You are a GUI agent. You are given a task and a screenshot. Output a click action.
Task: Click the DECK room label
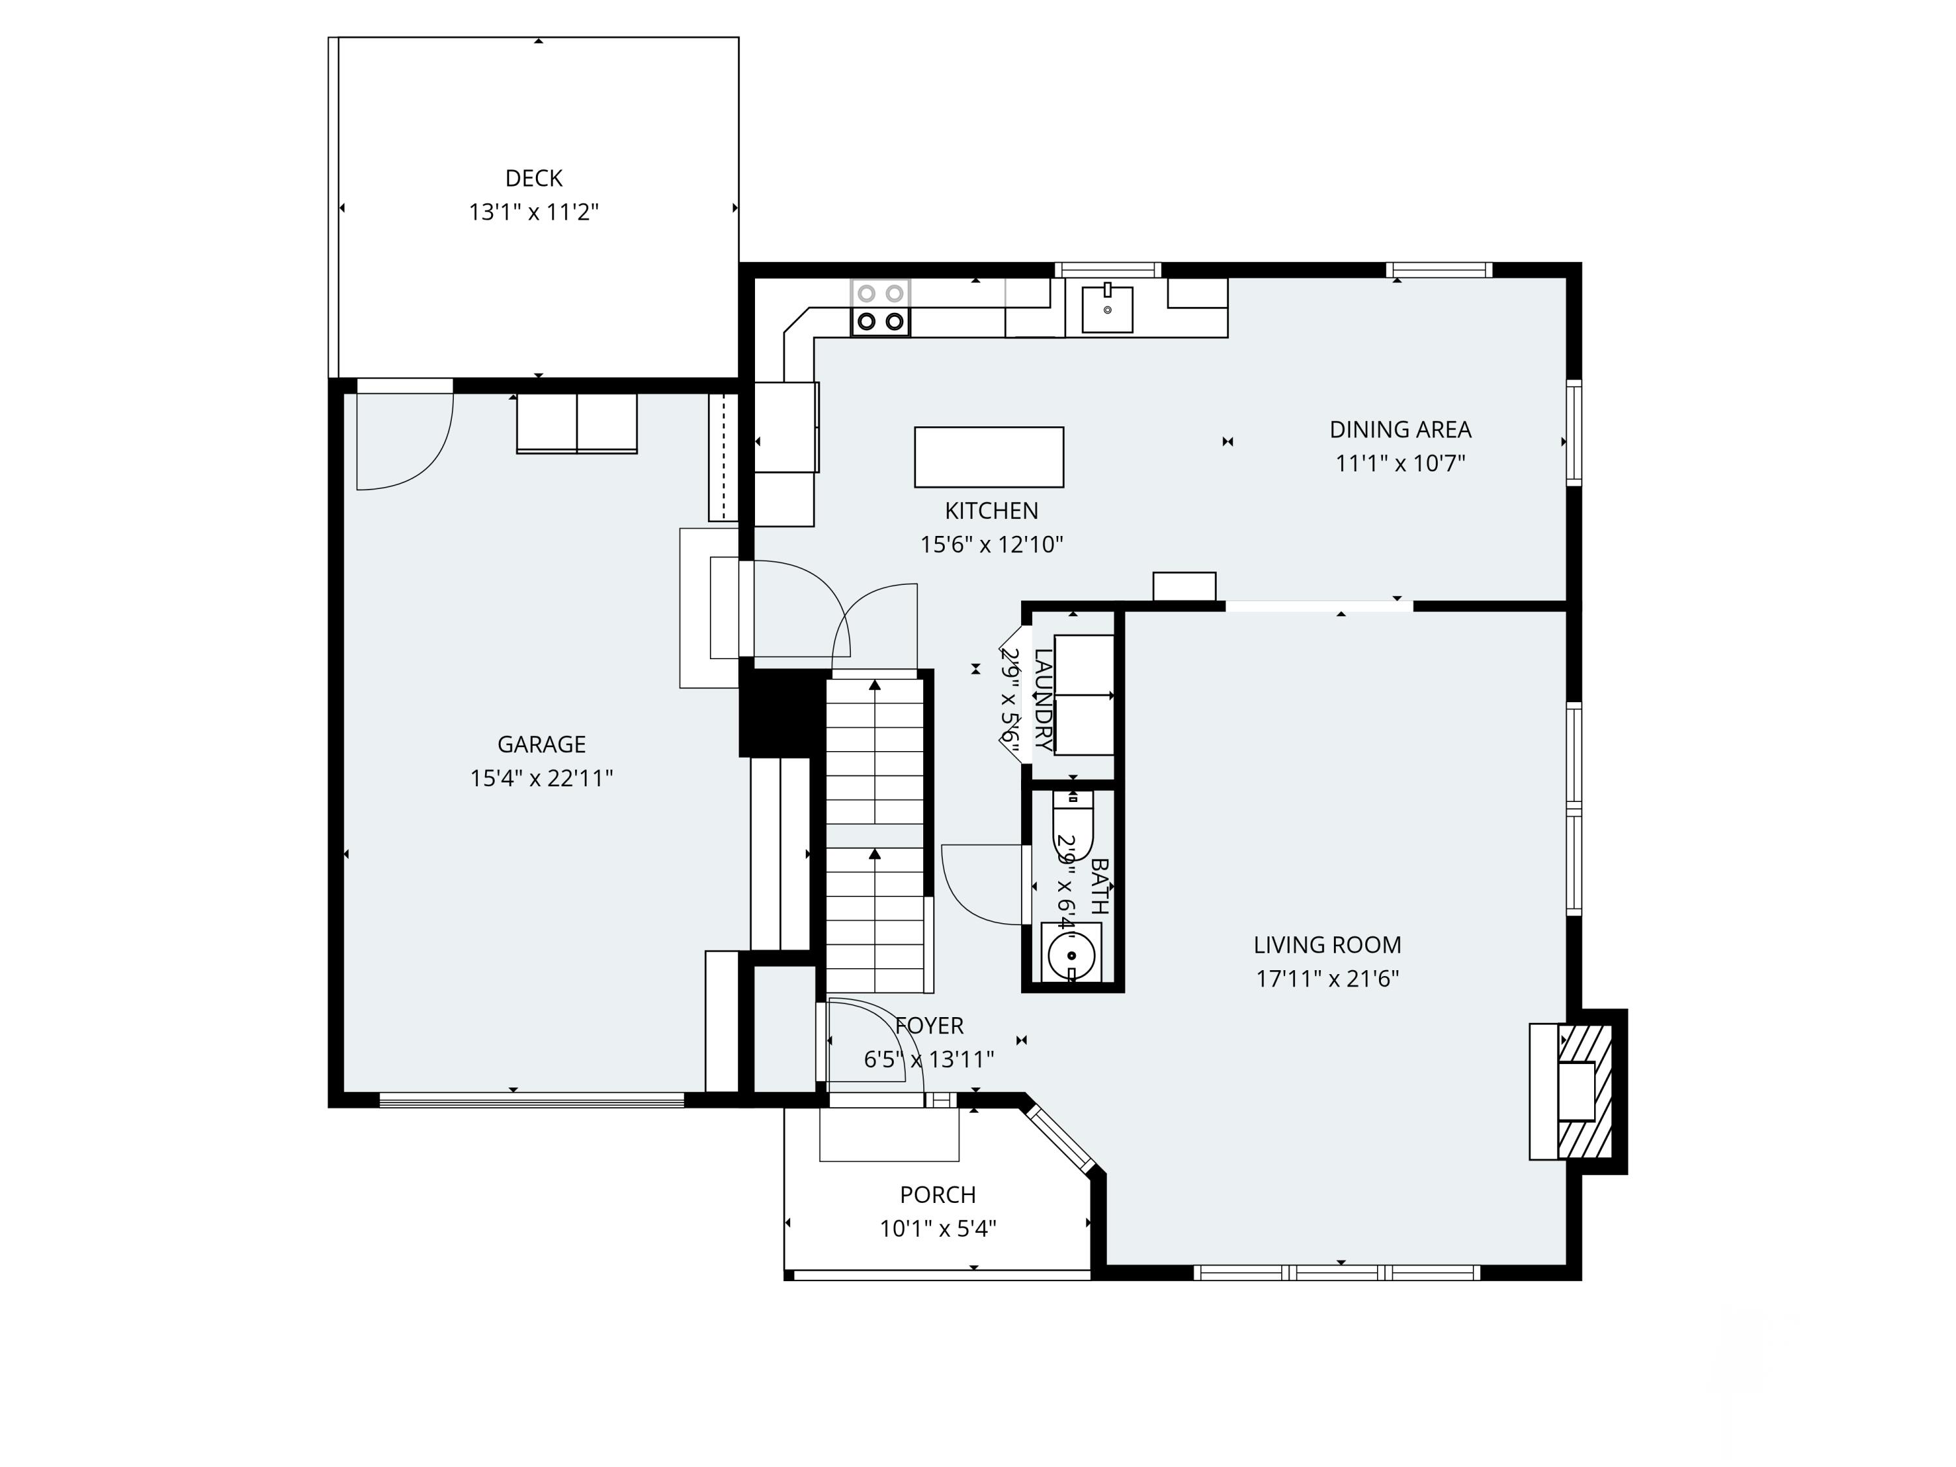[533, 179]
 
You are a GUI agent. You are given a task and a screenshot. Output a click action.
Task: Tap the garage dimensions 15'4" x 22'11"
[541, 778]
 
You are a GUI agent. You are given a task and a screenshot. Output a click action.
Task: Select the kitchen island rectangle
[988, 457]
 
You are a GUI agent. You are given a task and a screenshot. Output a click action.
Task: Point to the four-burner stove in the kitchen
[880, 308]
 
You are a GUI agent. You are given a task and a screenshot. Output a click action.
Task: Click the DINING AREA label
[1400, 430]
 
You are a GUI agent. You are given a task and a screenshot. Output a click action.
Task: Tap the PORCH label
[938, 1194]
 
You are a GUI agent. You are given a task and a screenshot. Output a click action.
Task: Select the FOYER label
[929, 1026]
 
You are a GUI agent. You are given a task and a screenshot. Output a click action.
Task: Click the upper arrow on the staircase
[874, 686]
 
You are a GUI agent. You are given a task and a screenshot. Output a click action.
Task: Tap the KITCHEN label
[991, 511]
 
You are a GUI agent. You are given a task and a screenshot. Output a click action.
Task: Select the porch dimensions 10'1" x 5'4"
[938, 1228]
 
